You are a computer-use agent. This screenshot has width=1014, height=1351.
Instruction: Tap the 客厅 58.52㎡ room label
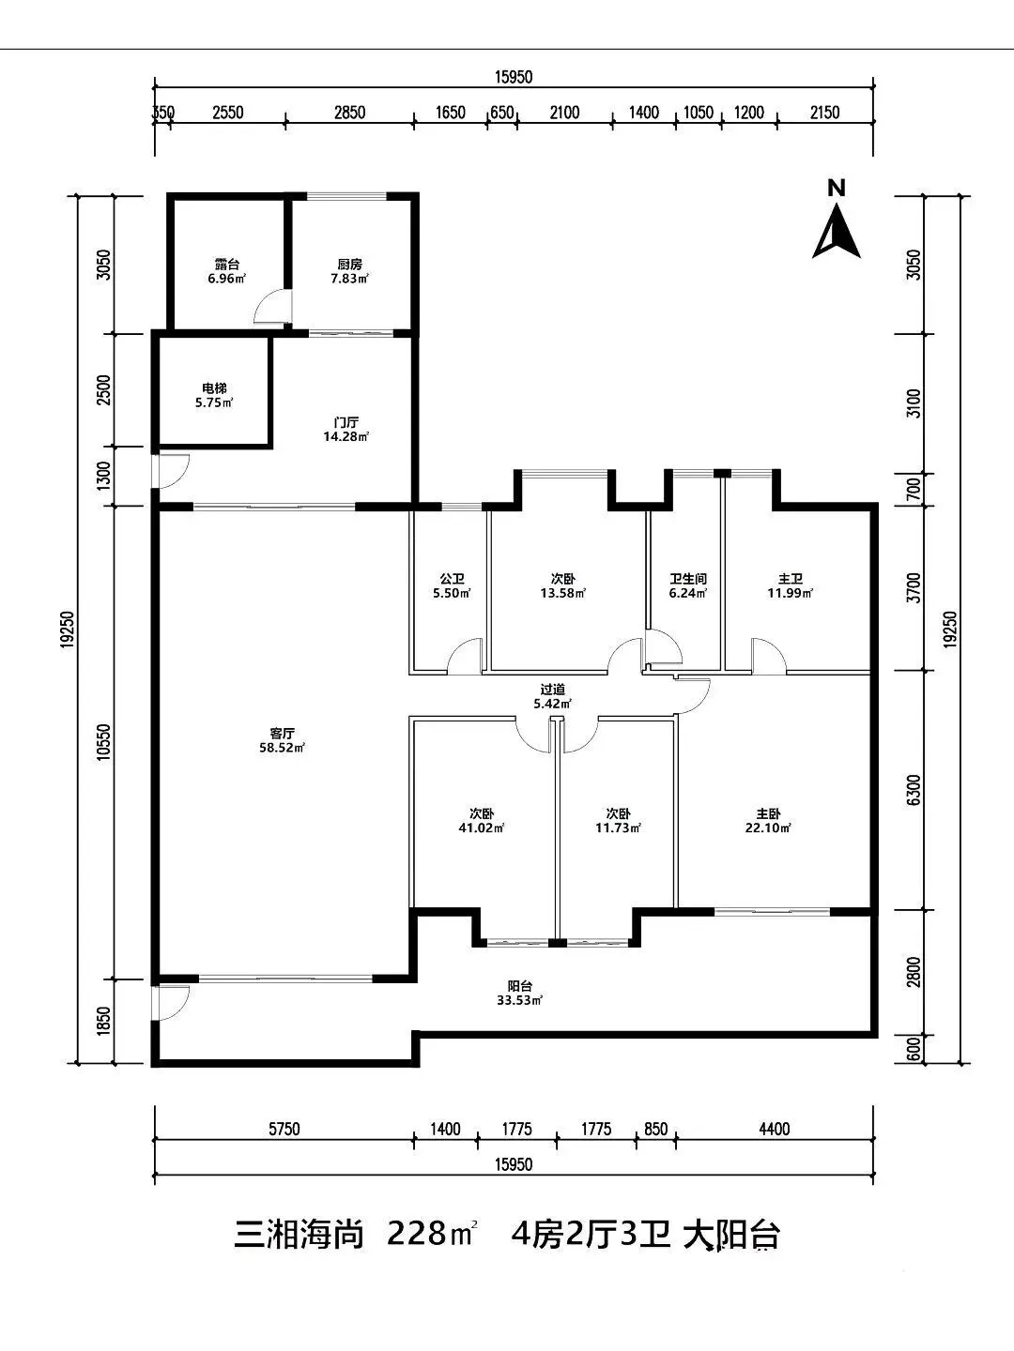tap(282, 740)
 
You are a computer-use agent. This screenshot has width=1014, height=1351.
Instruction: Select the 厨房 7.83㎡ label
tap(349, 271)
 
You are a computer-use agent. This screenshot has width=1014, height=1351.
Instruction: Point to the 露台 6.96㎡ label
tap(226, 271)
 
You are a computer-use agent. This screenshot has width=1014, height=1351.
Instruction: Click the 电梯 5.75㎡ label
tap(214, 396)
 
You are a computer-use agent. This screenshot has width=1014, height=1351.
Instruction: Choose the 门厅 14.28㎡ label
tap(346, 429)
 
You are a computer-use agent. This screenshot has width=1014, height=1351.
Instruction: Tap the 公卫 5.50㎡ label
tap(452, 586)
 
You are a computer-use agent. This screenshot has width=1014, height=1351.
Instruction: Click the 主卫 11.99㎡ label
tap(791, 586)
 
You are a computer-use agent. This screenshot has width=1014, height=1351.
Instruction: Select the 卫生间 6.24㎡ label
tap(688, 586)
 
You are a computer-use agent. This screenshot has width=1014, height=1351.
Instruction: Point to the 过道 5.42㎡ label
tap(552, 696)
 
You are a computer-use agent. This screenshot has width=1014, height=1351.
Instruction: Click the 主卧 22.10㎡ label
tap(768, 820)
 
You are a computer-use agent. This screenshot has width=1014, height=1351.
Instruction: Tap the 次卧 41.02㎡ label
tap(482, 820)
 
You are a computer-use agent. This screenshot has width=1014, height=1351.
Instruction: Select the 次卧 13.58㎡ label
tap(562, 586)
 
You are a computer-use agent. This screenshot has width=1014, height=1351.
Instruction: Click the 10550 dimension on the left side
tap(104, 742)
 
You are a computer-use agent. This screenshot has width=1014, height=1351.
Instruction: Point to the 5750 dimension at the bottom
tap(284, 1129)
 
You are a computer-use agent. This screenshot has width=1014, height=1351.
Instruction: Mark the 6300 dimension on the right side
tap(914, 790)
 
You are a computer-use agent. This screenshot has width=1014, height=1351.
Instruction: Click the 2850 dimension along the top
tap(349, 113)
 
